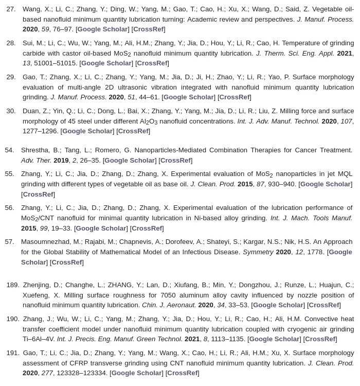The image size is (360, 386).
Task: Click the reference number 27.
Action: click(x=11, y=9)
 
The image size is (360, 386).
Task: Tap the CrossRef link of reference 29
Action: click(x=234, y=97)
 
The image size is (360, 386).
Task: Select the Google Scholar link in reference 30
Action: click(x=87, y=131)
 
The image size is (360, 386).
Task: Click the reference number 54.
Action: click(x=9, y=150)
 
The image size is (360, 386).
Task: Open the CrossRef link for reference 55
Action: click(x=38, y=195)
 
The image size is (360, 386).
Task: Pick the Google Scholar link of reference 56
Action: click(x=101, y=229)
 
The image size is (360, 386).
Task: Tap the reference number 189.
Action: click(x=13, y=285)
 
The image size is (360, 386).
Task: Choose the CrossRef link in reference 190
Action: click(x=319, y=339)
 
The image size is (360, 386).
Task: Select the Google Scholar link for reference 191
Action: click(x=136, y=373)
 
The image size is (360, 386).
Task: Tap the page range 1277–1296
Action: click(x=40, y=131)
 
